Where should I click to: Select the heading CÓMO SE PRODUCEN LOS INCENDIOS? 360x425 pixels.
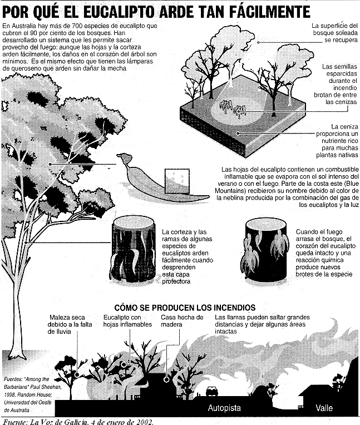pyautogui.click(x=184, y=307)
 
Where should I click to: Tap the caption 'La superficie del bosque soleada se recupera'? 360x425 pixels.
pyautogui.click(x=334, y=33)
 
